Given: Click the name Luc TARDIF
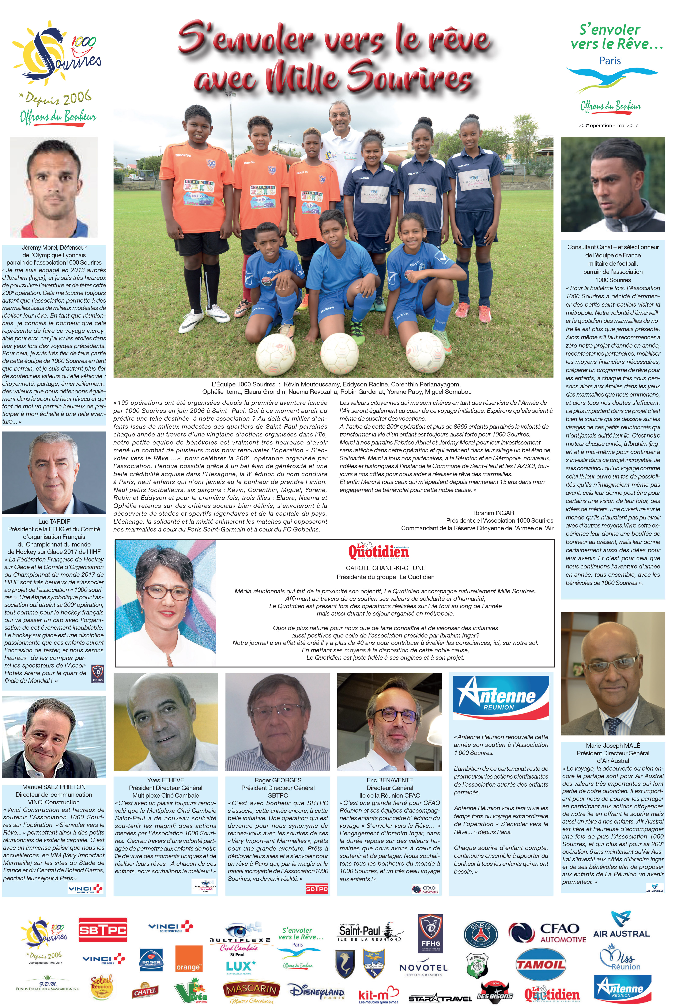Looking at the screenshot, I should point(54,521).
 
